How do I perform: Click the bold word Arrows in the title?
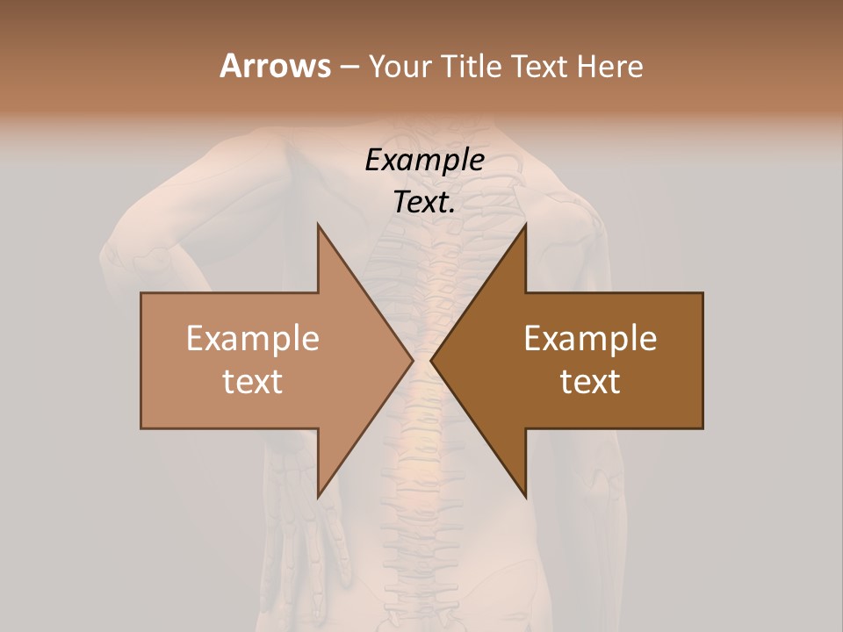[274, 66]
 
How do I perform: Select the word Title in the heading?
[474, 67]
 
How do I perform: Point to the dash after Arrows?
[349, 68]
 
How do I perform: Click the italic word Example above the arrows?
[424, 161]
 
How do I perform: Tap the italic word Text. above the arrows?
[424, 203]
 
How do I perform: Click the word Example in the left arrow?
[253, 339]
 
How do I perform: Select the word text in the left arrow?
[253, 382]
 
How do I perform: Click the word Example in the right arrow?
[590, 339]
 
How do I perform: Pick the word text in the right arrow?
[590, 382]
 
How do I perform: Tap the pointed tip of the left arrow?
[411, 360]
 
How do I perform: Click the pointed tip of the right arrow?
[433, 360]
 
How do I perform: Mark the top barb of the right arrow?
[523, 232]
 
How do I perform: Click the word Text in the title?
[541, 67]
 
